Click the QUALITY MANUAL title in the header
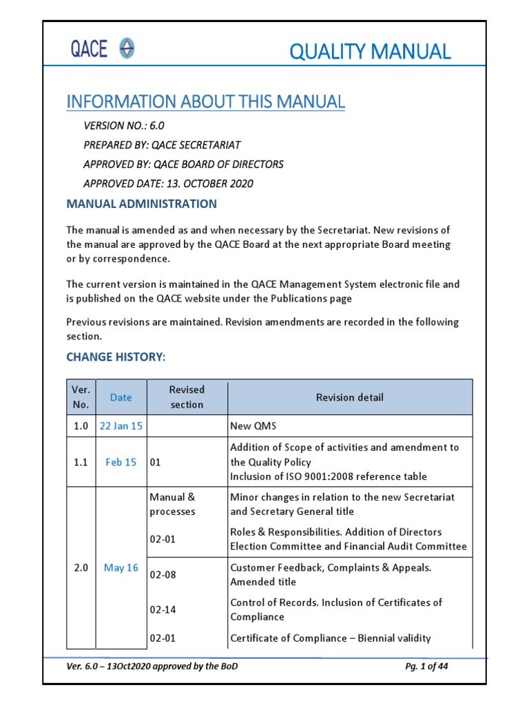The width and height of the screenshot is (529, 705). [370, 51]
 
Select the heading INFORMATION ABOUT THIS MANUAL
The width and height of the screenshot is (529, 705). [205, 102]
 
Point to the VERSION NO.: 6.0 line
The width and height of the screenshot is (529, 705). [124, 126]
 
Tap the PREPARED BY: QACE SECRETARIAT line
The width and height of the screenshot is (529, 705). [162, 145]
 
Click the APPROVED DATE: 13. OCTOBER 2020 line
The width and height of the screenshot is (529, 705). [168, 184]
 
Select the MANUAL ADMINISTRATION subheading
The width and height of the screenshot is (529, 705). [141, 204]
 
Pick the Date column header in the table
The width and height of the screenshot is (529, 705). [121, 397]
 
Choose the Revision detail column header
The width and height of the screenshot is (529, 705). [350, 397]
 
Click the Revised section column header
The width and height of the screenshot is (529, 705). [187, 397]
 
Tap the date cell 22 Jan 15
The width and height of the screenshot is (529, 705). [121, 426]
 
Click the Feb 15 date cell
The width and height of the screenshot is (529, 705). [121, 463]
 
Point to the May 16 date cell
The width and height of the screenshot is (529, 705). [121, 568]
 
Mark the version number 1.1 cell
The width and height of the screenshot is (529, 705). [81, 463]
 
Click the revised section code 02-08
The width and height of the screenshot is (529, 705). [163, 575]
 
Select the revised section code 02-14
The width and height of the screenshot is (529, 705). [163, 609]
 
